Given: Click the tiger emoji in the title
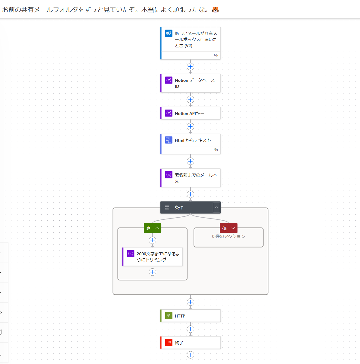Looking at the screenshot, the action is [x=215, y=10].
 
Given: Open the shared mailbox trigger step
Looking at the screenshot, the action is [x=191, y=43].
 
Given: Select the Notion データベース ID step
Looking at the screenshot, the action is [x=191, y=83].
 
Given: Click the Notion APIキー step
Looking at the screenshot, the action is [x=191, y=113].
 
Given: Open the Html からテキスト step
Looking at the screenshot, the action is [x=191, y=144].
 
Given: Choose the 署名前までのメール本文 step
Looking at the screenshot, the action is [x=191, y=178].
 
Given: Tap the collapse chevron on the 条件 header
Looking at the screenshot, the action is [x=216, y=208].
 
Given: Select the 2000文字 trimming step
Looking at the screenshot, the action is [x=153, y=257].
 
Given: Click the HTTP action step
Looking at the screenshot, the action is [x=191, y=316].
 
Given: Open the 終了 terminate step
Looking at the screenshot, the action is [x=191, y=343].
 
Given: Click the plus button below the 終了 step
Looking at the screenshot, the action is [x=191, y=355].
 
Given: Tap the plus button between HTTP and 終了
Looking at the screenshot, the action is [x=191, y=329].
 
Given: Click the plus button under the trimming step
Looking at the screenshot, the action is [x=153, y=272].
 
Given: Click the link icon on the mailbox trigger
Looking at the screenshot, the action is [x=216, y=55].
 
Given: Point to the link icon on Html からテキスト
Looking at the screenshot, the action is [x=216, y=150].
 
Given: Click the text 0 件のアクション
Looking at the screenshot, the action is [x=229, y=236].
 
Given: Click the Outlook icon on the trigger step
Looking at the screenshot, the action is [x=169, y=34].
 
